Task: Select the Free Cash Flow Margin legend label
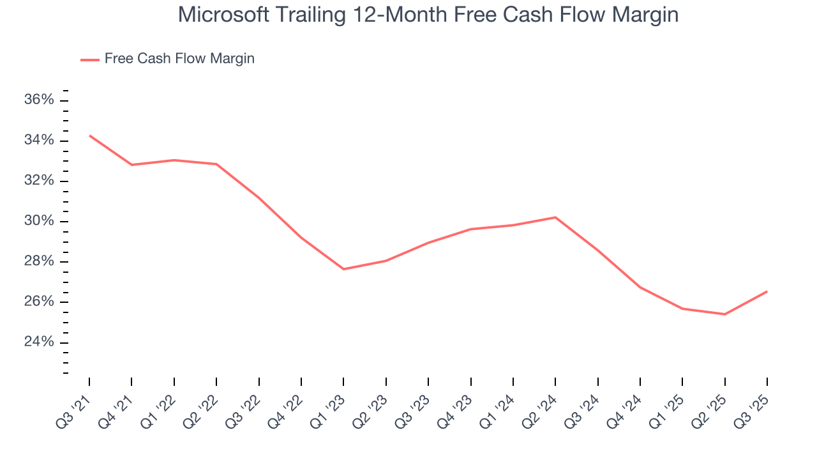[x=179, y=59]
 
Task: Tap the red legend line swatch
[x=90, y=59]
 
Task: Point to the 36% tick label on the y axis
[x=39, y=100]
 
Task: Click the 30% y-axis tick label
[x=39, y=222]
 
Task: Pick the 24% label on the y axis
[x=39, y=342]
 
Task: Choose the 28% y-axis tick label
[x=39, y=262]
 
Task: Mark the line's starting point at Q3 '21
[x=89, y=135]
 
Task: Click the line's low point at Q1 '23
[x=343, y=269]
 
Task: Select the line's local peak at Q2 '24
[x=555, y=217]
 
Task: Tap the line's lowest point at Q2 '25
[x=724, y=314]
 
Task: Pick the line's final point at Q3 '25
[x=767, y=291]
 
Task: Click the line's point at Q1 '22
[x=174, y=160]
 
